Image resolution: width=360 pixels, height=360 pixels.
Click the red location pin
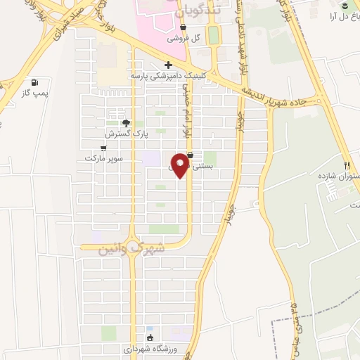coord(180,164)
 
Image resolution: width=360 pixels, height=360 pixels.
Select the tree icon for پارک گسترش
coord(127,122)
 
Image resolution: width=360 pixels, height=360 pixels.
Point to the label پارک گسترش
coord(120,134)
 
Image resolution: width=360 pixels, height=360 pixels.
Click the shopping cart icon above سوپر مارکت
coord(104,148)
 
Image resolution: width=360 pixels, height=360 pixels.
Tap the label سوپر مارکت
coord(104,159)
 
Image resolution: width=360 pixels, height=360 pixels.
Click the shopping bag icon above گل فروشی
coord(183,27)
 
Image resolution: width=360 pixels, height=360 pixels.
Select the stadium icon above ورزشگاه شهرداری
coord(149,337)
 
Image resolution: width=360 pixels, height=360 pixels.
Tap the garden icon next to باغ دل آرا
coord(345,6)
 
